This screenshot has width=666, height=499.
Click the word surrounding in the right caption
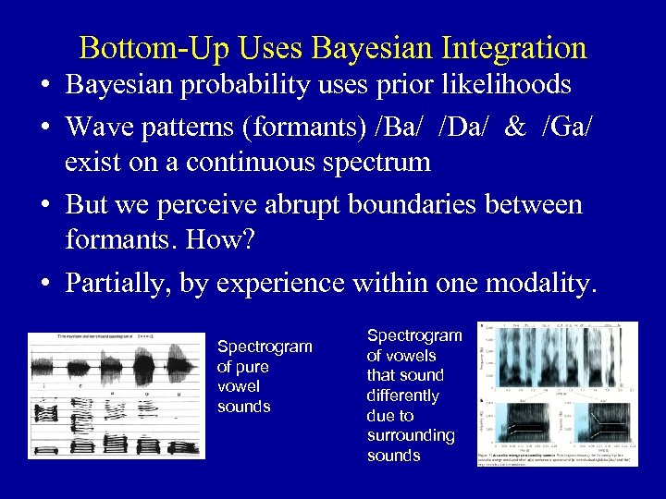pos(411,435)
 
